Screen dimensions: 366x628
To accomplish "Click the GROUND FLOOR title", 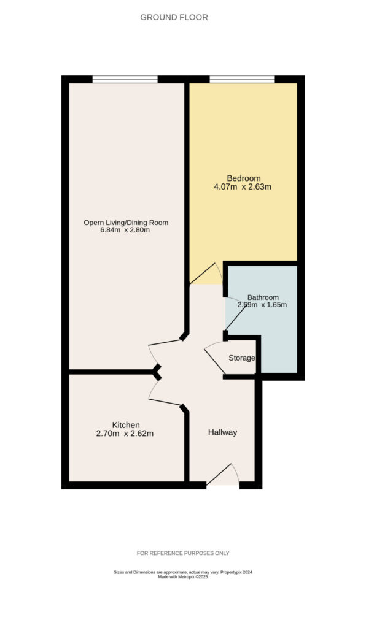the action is click(174, 17).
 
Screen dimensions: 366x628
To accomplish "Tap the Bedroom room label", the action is click(244, 178).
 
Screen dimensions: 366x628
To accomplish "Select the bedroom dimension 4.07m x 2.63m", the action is click(243, 186).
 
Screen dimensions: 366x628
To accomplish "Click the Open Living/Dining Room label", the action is click(126, 223).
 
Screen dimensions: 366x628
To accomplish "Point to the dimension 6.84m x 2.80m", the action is click(125, 231).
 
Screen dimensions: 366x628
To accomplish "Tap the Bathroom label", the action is click(263, 297).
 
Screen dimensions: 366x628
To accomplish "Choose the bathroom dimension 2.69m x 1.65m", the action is click(262, 305).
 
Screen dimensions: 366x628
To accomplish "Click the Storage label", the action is click(242, 358).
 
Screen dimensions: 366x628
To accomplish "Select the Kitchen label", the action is click(126, 425).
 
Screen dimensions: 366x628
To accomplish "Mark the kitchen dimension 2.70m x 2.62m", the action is click(125, 434).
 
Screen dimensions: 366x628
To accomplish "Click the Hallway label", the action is click(222, 432).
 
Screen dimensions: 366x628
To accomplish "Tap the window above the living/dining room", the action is click(125, 79).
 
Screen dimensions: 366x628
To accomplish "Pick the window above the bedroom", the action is click(242, 79).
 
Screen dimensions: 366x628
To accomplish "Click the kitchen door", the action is click(165, 393).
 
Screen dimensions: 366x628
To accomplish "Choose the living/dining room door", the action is click(165, 351).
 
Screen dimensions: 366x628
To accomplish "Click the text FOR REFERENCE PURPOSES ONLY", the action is click(183, 553).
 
